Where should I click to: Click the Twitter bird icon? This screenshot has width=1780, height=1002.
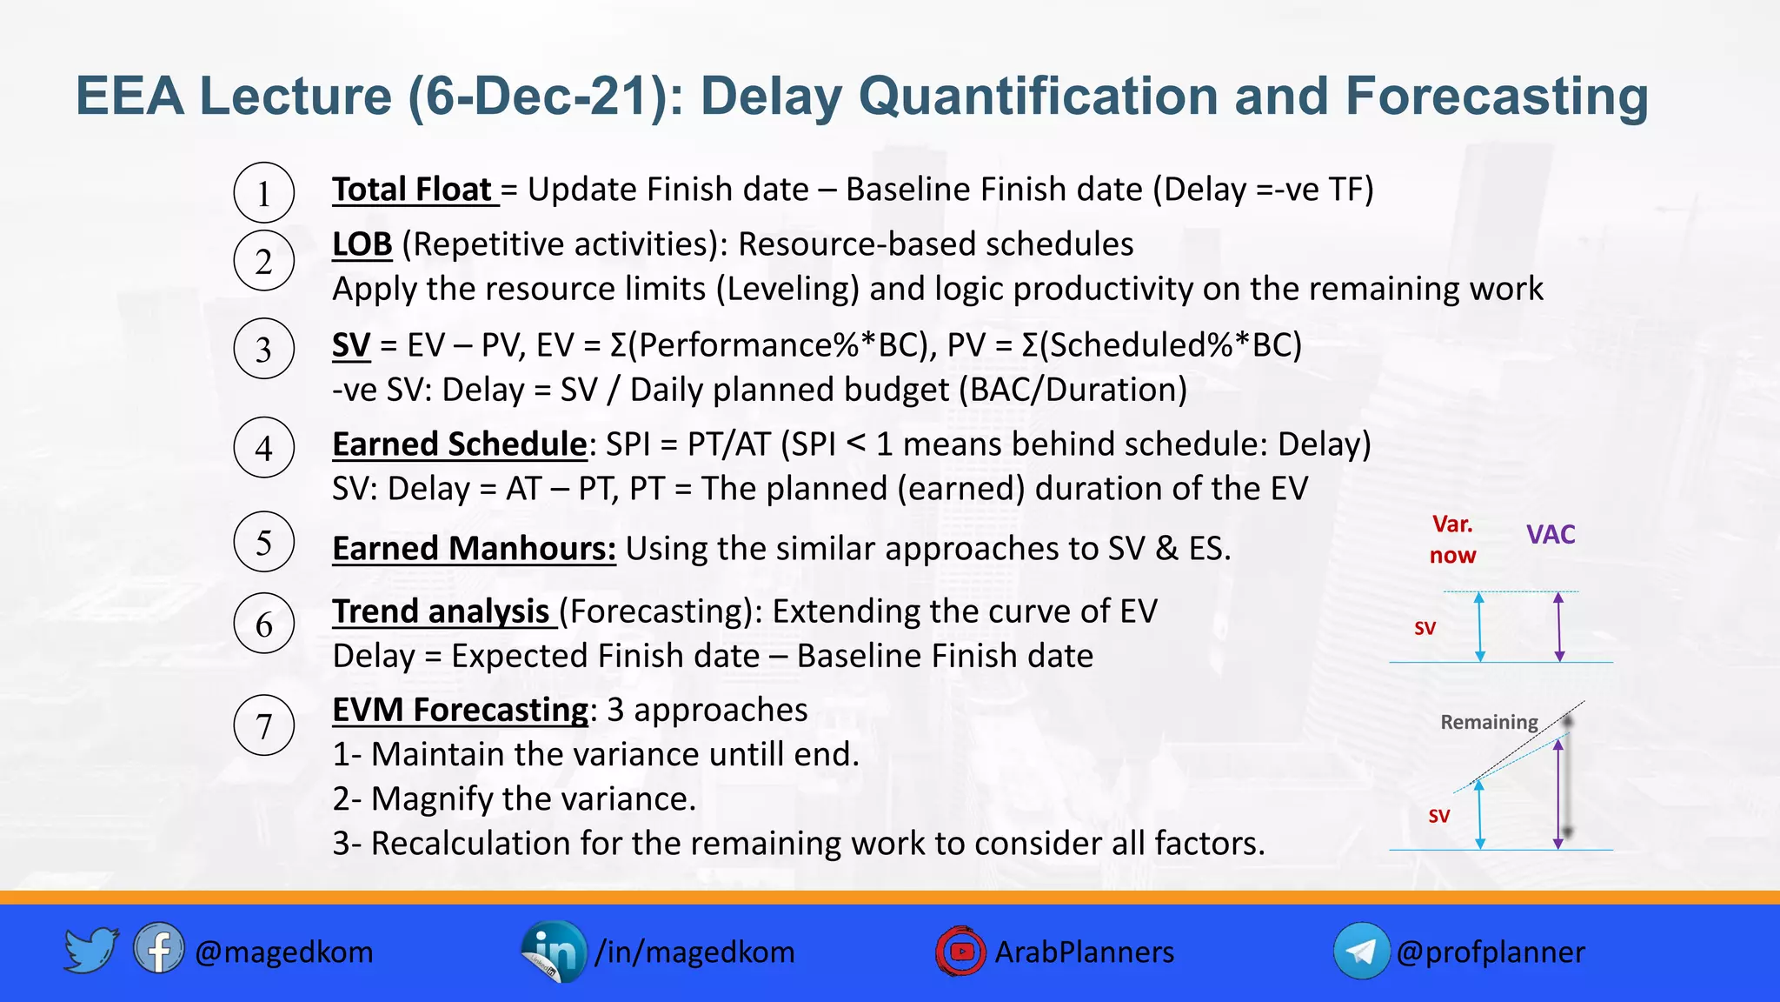(90, 950)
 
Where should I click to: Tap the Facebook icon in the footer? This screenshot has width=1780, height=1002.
(158, 949)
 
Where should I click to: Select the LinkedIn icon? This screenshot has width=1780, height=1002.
(554, 952)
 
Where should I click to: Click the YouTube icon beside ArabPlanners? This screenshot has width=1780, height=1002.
(960, 952)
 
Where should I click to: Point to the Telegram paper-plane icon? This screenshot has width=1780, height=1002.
(1361, 952)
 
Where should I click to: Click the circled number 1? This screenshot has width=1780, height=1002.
(264, 192)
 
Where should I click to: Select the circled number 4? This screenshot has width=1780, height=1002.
(264, 448)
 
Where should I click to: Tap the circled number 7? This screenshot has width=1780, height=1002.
(264, 725)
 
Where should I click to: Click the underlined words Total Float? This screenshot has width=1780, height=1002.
(413, 190)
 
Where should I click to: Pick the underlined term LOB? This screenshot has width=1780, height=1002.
(362, 244)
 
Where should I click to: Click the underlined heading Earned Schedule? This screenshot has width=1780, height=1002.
(460, 444)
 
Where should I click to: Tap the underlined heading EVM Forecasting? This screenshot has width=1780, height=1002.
(461, 710)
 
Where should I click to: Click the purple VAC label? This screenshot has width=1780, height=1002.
(1551, 534)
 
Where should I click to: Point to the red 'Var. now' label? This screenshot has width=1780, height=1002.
(1452, 540)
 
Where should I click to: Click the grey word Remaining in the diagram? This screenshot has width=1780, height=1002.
(1489, 722)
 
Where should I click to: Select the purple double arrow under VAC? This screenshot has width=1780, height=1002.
(1559, 627)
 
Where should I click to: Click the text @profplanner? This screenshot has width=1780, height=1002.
(1491, 952)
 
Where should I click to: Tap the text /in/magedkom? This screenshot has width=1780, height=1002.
(694, 952)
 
